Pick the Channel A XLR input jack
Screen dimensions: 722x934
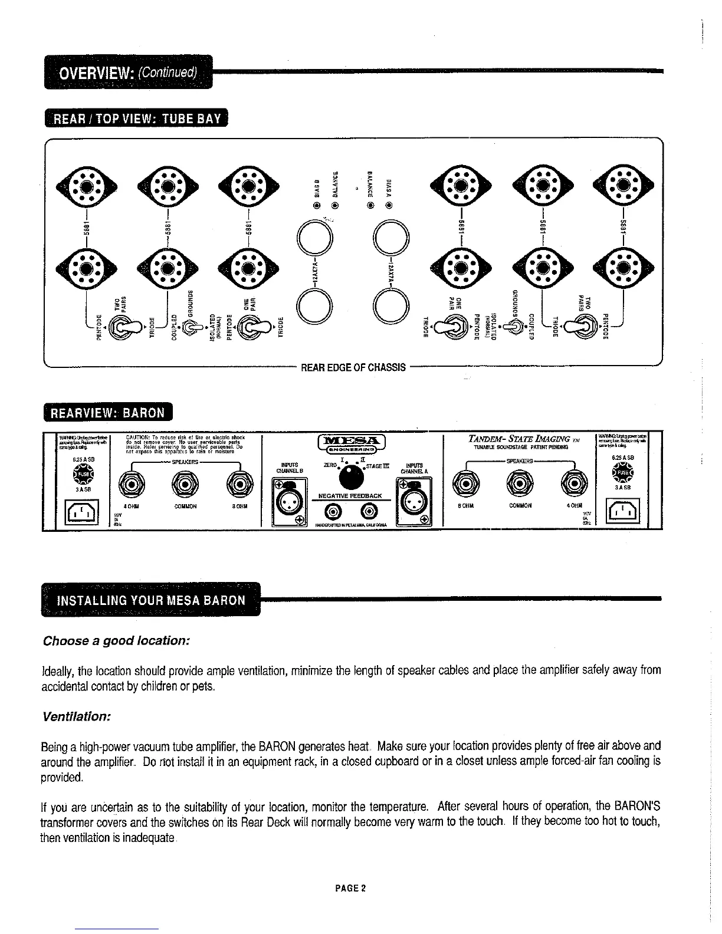point(415,501)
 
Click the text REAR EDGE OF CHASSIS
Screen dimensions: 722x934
point(353,368)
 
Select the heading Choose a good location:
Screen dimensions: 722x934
point(116,640)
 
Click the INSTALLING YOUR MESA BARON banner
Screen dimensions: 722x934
point(150,600)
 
